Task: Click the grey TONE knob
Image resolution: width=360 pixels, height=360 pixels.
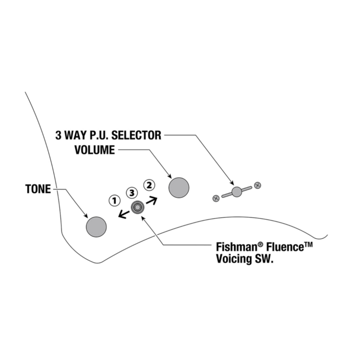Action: click(96, 227)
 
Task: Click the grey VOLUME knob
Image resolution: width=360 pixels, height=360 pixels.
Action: click(179, 188)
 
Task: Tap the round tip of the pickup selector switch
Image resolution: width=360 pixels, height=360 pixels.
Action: click(237, 192)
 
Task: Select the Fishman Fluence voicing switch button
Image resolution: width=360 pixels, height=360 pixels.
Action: click(137, 208)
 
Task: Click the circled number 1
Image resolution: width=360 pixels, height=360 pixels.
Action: click(114, 199)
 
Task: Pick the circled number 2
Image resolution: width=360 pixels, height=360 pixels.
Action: click(150, 185)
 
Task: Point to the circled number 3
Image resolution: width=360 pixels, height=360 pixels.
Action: click(131, 193)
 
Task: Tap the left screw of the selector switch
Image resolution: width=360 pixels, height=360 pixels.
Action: click(216, 198)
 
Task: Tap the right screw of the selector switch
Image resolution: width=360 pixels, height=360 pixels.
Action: click(258, 185)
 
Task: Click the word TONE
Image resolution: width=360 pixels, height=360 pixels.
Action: click(38, 189)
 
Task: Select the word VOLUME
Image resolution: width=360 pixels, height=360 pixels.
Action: click(95, 150)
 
